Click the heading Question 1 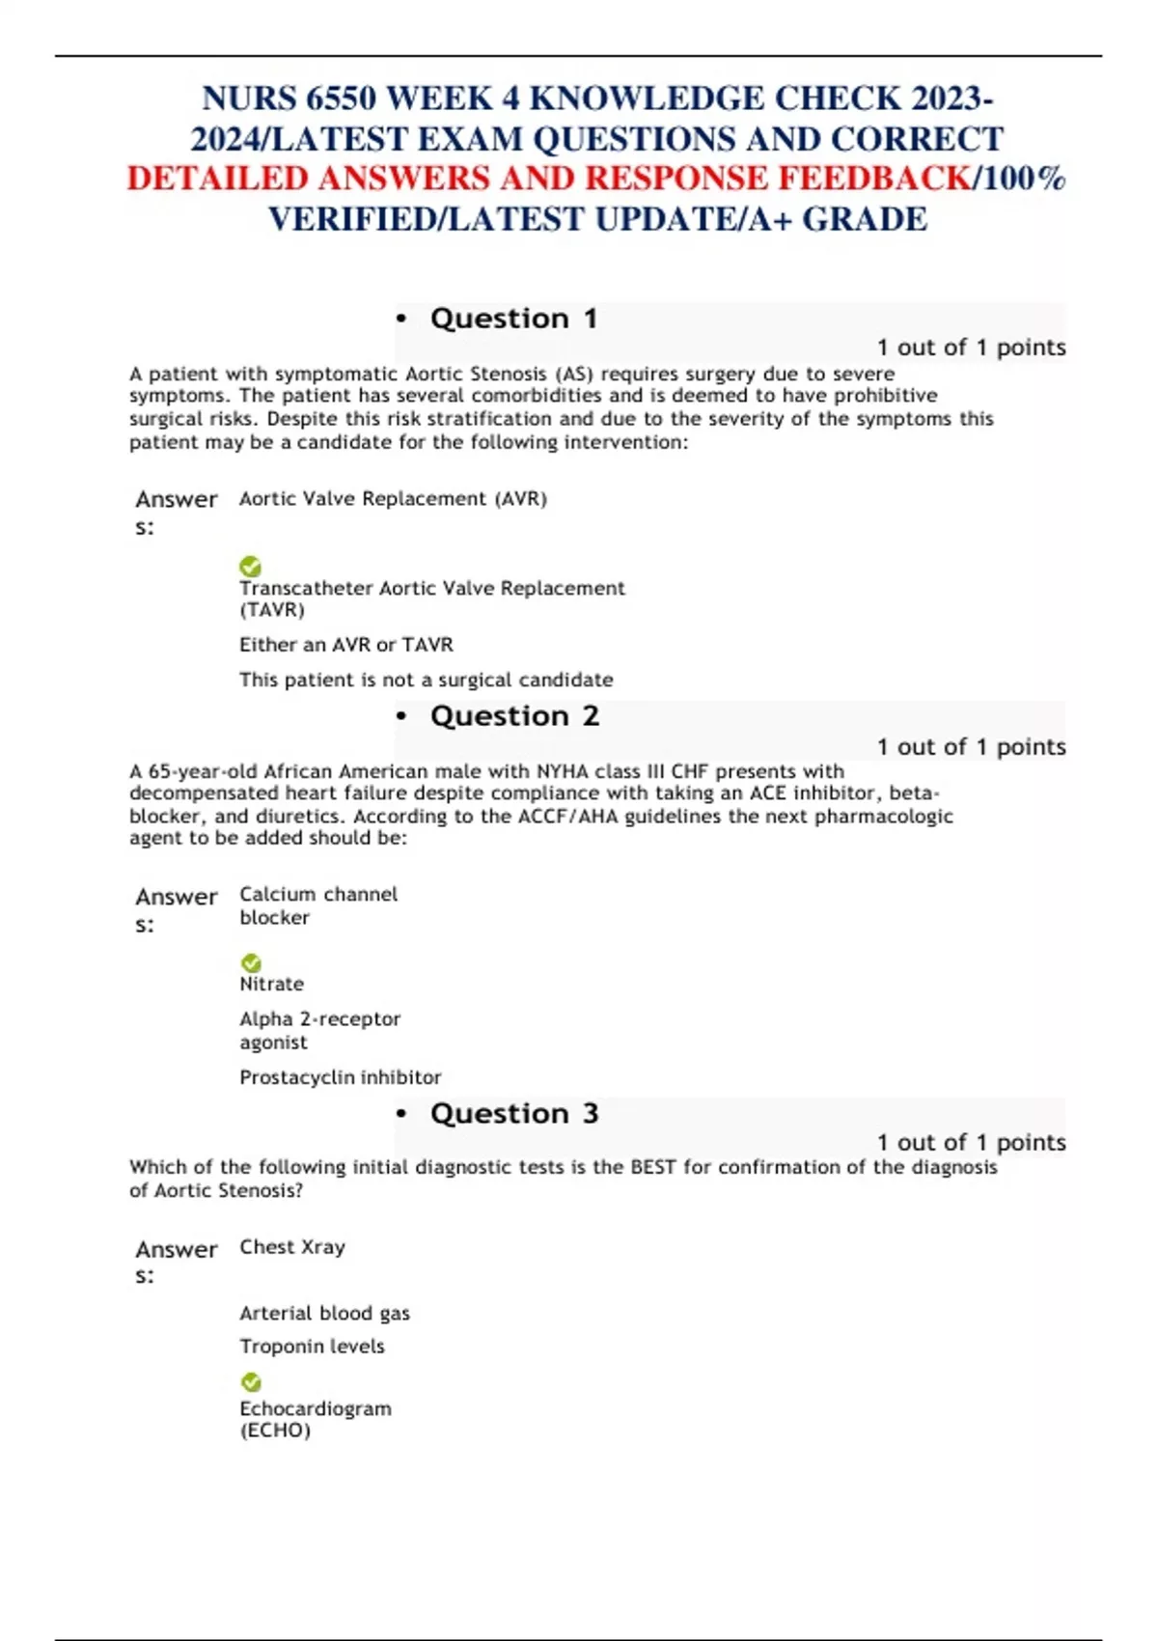point(513,319)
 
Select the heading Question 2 point(514,716)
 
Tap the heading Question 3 point(514,1114)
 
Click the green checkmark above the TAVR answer point(250,567)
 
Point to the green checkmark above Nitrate point(251,963)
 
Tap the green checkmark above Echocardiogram point(251,1382)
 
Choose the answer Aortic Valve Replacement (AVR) point(393,499)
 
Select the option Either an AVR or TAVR point(345,645)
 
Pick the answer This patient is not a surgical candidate point(426,680)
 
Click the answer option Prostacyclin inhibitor point(340,1077)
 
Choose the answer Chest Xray point(291,1247)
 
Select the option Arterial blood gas point(324,1313)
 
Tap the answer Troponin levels point(312,1347)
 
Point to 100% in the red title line point(1024,179)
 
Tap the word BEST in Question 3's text point(652,1167)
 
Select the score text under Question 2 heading point(971,747)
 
